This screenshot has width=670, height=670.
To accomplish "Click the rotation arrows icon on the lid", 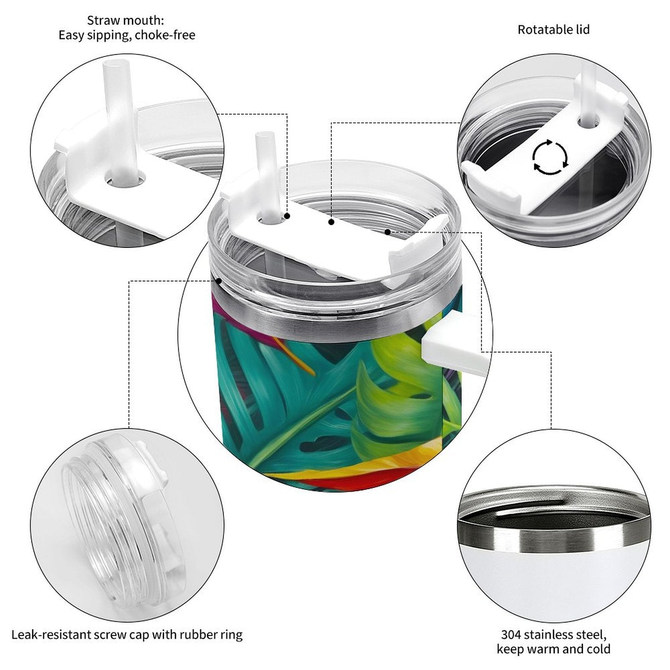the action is tap(550, 157).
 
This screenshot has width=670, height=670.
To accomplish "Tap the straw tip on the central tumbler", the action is tap(263, 136).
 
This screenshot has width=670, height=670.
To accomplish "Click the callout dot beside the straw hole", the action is tap(287, 216).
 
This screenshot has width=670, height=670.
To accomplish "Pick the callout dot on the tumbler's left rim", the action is tap(218, 281).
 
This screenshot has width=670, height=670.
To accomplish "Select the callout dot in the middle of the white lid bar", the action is tap(331, 222).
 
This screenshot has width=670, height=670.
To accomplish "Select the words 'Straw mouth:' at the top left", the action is tap(126, 20).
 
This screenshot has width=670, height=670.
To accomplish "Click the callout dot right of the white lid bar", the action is tap(388, 232).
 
